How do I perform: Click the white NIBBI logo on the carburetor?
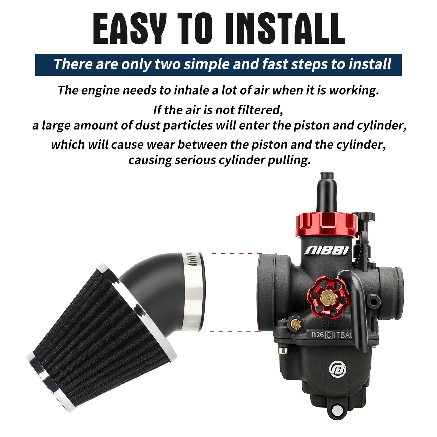click(327, 250)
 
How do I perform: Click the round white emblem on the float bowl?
click(338, 370)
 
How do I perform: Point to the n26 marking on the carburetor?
click(317, 335)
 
